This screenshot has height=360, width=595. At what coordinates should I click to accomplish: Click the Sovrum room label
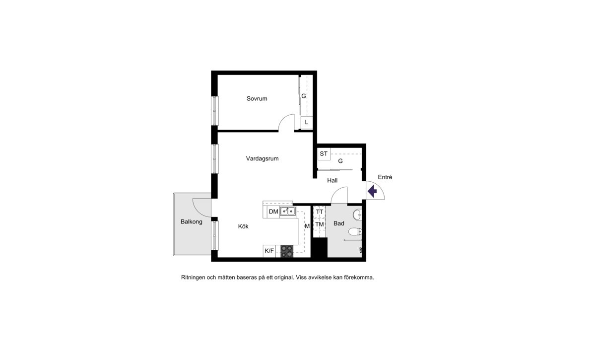257,99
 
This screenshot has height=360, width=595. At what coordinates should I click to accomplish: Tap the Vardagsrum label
262,159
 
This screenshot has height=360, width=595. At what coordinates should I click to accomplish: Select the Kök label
243,226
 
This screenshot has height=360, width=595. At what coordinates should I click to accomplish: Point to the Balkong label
191,222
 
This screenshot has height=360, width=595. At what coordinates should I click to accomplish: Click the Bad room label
339,223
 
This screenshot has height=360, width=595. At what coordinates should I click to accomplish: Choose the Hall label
332,180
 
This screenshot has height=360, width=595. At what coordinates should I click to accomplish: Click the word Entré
385,177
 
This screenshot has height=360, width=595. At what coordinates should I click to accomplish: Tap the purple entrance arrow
372,191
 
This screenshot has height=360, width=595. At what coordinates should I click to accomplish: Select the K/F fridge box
269,251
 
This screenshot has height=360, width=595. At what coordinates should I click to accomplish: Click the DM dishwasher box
273,212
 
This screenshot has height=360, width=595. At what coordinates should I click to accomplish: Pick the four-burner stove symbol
287,251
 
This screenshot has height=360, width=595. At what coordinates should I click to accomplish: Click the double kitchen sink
288,212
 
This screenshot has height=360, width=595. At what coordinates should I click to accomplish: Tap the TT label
320,212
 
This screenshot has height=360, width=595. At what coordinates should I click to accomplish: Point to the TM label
320,224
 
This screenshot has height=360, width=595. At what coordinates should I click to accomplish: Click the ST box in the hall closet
324,154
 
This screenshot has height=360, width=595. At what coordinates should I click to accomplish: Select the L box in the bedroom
307,122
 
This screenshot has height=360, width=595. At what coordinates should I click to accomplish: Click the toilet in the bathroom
355,231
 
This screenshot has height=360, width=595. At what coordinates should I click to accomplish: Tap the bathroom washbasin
357,216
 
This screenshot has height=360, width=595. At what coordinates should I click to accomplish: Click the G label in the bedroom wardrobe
304,96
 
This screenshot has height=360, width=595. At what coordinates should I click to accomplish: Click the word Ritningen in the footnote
193,278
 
